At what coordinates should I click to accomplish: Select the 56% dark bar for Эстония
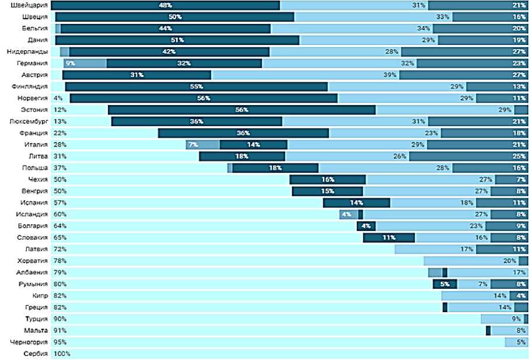pyautogui.click(x=241, y=110)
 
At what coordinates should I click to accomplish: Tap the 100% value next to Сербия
pyautogui.click(x=62, y=354)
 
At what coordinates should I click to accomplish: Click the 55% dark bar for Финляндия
pyautogui.click(x=196, y=86)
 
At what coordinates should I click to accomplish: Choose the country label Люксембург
pyautogui.click(x=29, y=121)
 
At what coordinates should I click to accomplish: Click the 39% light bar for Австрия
pyautogui.click(x=305, y=75)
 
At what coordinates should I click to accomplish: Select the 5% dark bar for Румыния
pyautogui.click(x=445, y=284)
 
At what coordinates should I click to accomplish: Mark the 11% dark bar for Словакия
pyautogui.click(x=389, y=237)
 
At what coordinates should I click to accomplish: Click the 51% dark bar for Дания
pyautogui.click(x=178, y=40)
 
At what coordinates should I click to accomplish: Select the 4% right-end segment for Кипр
pyautogui.click(x=519, y=295)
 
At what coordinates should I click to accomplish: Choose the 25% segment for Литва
pyautogui.click(x=469, y=156)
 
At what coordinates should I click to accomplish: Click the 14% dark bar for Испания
pyautogui.click(x=356, y=202)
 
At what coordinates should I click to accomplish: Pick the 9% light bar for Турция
pyautogui.click(x=502, y=319)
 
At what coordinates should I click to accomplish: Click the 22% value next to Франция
pyautogui.click(x=59, y=133)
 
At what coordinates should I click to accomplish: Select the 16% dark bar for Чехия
pyautogui.click(x=328, y=179)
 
